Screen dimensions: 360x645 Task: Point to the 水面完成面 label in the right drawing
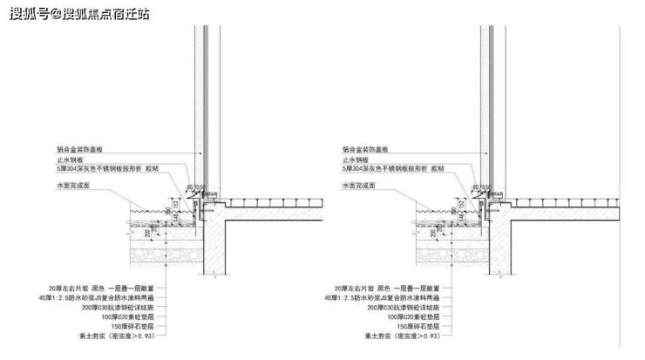pyautogui.click(x=361, y=186)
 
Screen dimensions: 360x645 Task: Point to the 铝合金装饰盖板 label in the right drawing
pyautogui.click(x=368, y=149)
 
